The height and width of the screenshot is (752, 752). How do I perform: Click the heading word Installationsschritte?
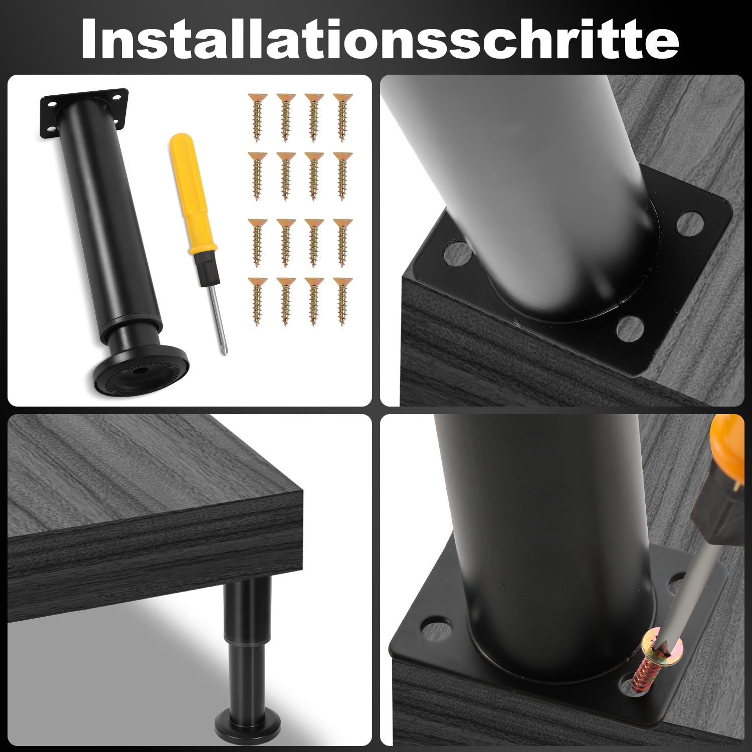click(380, 39)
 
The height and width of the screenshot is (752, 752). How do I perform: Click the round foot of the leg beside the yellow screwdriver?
click(141, 372)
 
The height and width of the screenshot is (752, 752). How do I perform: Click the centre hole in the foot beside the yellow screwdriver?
click(137, 371)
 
